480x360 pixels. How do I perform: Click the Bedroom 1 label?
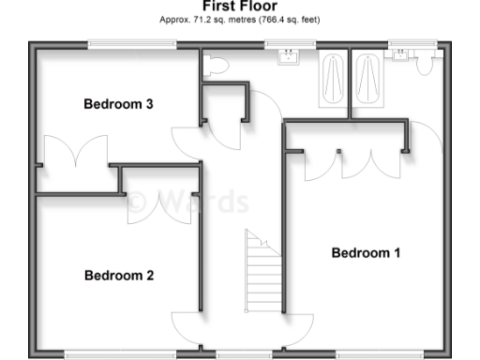[366, 253]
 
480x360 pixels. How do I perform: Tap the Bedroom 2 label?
[119, 276]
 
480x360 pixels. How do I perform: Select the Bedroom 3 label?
[119, 104]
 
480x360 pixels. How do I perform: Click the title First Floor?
[239, 6]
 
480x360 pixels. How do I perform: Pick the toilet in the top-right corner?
[425, 62]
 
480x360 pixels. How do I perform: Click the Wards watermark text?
[187, 202]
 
